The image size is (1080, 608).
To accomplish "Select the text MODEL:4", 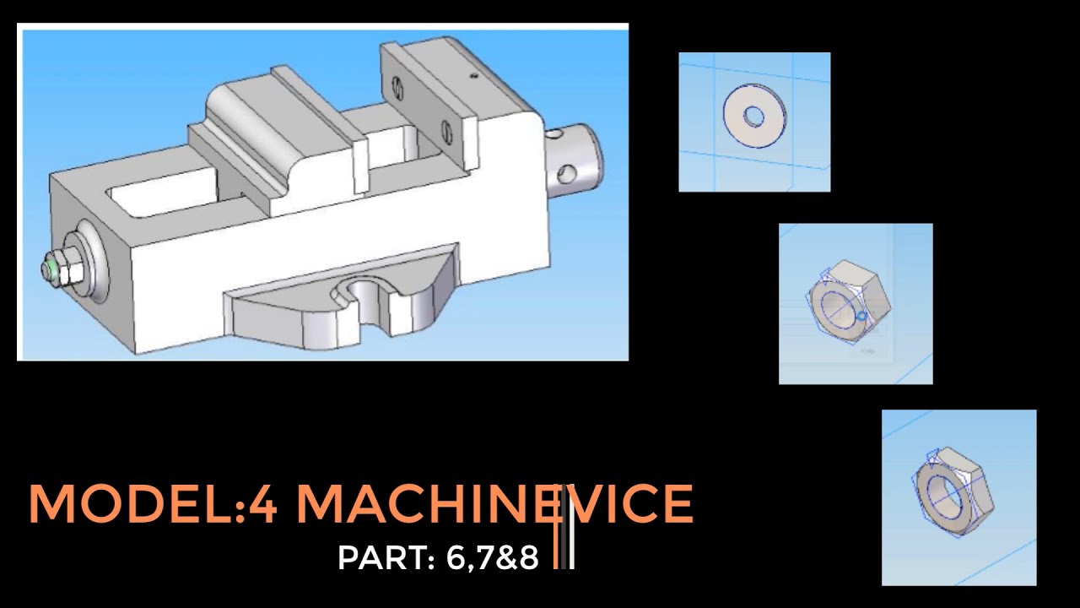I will tap(153, 504).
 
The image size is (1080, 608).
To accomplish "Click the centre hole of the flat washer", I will tap(753, 116).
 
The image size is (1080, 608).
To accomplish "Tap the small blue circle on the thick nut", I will tap(861, 317).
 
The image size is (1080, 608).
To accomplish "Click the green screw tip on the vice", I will tap(51, 270).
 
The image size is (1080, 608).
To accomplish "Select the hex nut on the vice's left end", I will tap(65, 269).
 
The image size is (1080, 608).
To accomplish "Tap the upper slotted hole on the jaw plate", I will tap(396, 85).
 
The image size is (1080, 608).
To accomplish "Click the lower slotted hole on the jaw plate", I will tap(447, 131).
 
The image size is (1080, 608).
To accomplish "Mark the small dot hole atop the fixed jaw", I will tap(474, 76).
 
